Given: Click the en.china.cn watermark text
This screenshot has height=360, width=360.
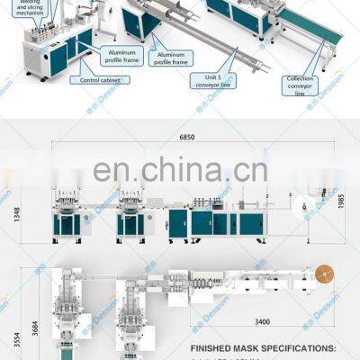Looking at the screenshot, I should (x=180, y=169).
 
